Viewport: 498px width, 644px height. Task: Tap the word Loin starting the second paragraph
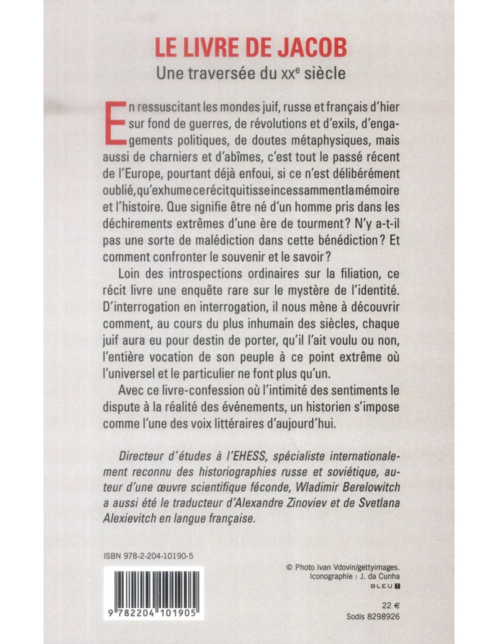pos(129,274)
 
